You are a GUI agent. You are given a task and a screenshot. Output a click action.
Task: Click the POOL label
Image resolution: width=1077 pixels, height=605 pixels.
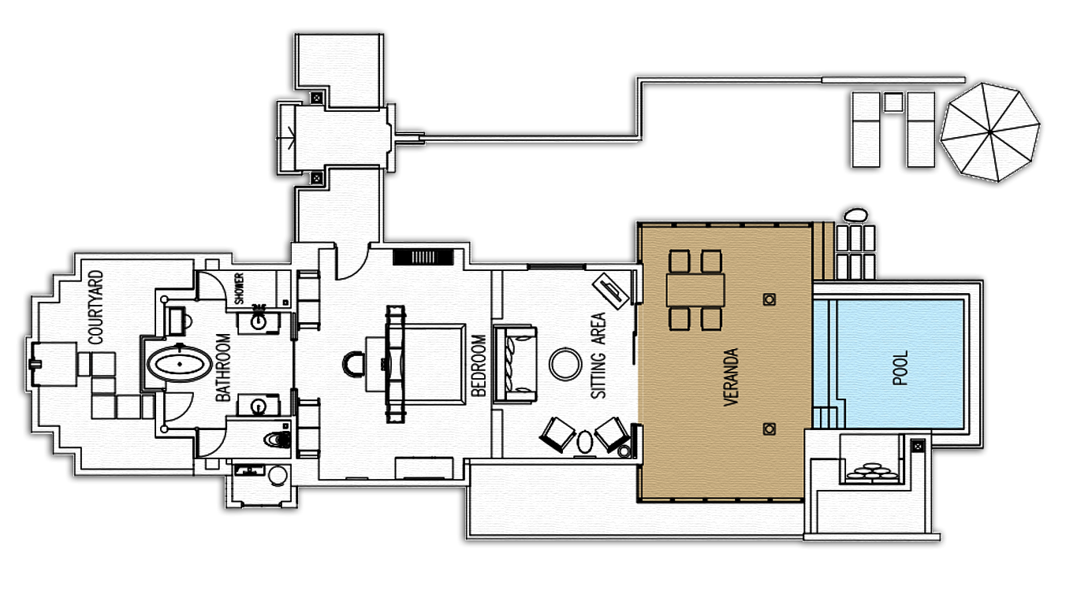900,368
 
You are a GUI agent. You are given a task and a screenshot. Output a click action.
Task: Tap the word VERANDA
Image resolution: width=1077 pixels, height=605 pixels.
730,377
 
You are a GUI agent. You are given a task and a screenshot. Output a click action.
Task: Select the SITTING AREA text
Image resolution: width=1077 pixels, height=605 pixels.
598,355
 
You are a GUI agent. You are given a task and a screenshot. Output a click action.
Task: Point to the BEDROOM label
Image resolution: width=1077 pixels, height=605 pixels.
479,366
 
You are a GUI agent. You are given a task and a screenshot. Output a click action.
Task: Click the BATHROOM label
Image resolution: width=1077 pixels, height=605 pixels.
224,368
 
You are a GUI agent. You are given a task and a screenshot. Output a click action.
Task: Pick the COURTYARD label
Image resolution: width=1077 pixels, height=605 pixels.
95,307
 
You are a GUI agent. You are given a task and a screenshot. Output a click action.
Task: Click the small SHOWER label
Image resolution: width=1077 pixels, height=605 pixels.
239,288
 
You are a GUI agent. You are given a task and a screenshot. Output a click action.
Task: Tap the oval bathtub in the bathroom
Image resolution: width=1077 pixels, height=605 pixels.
179,364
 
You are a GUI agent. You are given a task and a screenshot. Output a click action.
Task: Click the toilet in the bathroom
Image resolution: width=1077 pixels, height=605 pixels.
278,439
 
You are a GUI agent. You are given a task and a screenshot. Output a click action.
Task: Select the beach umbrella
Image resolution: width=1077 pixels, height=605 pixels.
990,132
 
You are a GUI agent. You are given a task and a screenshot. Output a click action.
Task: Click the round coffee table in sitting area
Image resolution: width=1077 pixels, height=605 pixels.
565,364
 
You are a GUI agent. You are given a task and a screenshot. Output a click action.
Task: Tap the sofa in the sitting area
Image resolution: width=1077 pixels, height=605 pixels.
515,364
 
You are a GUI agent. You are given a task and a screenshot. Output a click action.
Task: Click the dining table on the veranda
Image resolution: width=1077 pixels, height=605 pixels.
695,290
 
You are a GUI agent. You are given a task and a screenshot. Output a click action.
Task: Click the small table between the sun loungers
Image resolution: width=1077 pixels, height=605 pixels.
893,102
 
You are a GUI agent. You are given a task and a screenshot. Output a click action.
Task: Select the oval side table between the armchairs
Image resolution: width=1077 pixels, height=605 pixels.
585,442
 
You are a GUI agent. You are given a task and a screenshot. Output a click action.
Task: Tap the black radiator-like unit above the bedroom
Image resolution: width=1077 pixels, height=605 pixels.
423,257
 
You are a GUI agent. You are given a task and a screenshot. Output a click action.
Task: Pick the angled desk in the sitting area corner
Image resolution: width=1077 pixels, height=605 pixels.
610,291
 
